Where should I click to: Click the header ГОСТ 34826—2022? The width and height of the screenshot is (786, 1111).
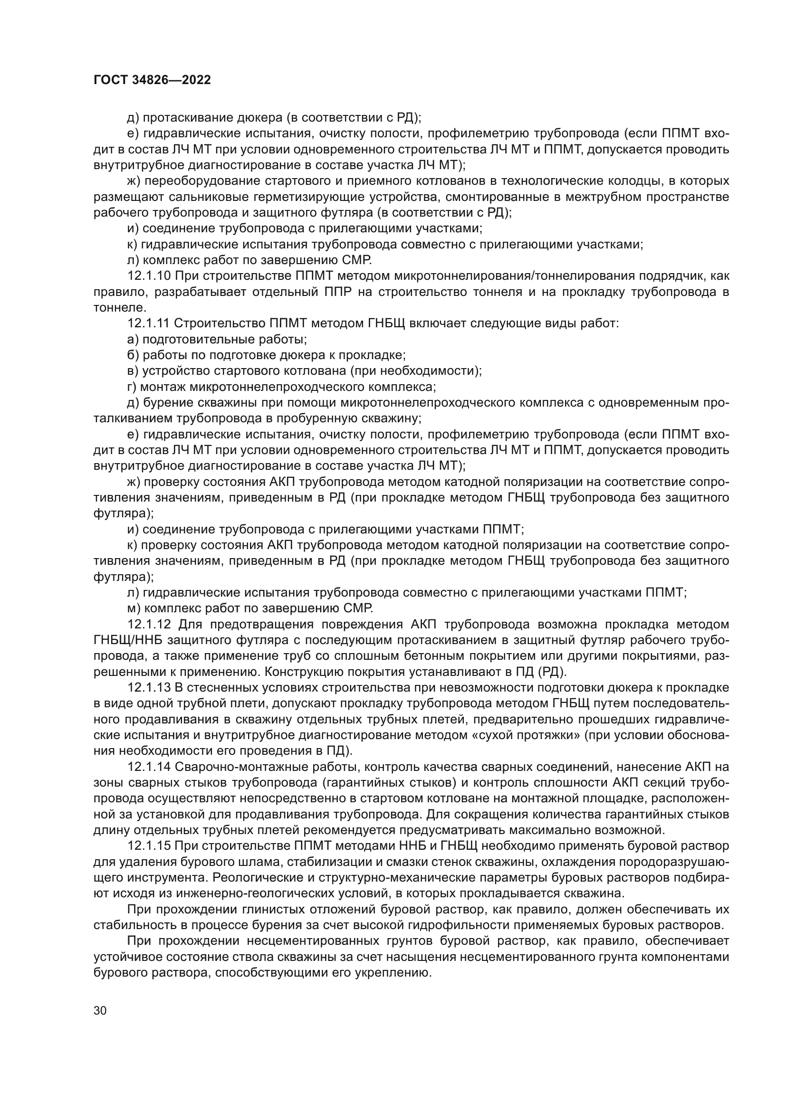pyautogui.click(x=152, y=80)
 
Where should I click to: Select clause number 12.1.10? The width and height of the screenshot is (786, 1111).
pyautogui.click(x=149, y=276)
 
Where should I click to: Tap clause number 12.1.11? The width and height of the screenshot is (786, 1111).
pyautogui.click(x=148, y=323)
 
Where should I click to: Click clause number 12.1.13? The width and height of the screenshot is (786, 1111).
pyautogui.click(x=149, y=688)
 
